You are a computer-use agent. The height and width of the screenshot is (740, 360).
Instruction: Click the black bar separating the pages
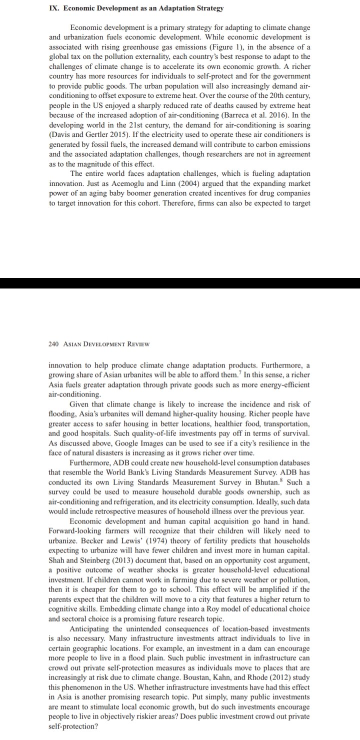point(180,283)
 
